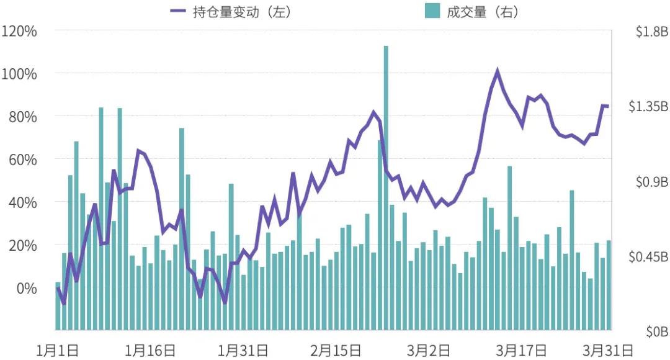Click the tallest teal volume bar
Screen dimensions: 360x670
pyautogui.click(x=386, y=186)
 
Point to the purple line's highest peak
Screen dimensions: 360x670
pyautogui.click(x=497, y=71)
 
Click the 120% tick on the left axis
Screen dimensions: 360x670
pyautogui.click(x=20, y=30)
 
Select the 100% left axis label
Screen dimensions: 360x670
pyautogui.click(x=20, y=74)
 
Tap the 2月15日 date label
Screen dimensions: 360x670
pyautogui.click(x=336, y=350)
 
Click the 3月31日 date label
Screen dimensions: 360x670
pyautogui.click(x=610, y=350)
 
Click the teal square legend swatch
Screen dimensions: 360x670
pyautogui.click(x=432, y=11)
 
